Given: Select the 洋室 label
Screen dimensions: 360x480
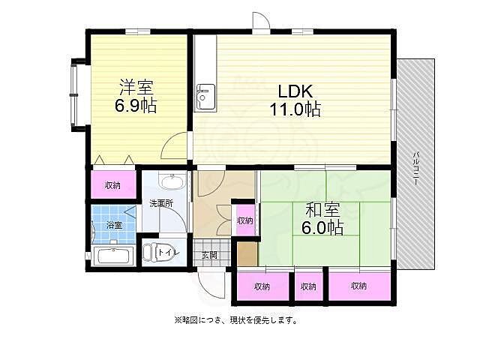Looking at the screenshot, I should [x=136, y=86].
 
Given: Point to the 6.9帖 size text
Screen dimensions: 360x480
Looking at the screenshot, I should [x=136, y=105].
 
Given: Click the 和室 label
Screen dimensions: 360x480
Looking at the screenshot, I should [x=324, y=209].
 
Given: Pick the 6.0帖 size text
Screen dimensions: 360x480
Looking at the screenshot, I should [x=324, y=227].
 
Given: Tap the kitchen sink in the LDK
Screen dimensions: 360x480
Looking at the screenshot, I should [x=204, y=97].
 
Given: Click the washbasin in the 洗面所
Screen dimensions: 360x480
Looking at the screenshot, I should [x=172, y=184].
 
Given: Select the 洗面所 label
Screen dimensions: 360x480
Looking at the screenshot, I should [x=160, y=203].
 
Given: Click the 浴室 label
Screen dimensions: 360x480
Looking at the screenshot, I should [x=112, y=224].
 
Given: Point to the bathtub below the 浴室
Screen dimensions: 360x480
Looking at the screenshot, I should [x=114, y=256].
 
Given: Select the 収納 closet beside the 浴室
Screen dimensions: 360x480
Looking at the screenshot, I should [x=113, y=184].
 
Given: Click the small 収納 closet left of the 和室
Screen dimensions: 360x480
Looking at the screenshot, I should [x=244, y=220].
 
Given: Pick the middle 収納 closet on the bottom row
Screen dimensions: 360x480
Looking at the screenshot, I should [x=308, y=286].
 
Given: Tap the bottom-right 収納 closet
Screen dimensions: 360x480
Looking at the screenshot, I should [x=358, y=286].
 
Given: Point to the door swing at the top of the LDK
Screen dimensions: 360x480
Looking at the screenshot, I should [x=260, y=24].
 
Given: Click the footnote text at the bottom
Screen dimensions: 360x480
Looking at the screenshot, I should [x=235, y=320].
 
